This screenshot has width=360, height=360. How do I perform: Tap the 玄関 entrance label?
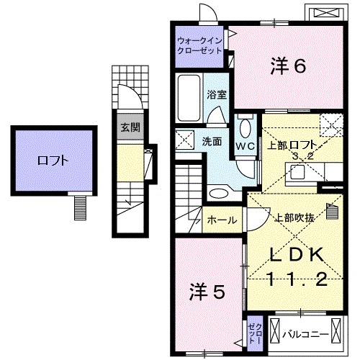click(130, 129)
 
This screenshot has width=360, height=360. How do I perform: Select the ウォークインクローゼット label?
click(200, 45)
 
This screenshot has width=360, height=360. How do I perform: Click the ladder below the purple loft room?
click(80, 208)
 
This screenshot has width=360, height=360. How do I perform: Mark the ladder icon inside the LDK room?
click(332, 211)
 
